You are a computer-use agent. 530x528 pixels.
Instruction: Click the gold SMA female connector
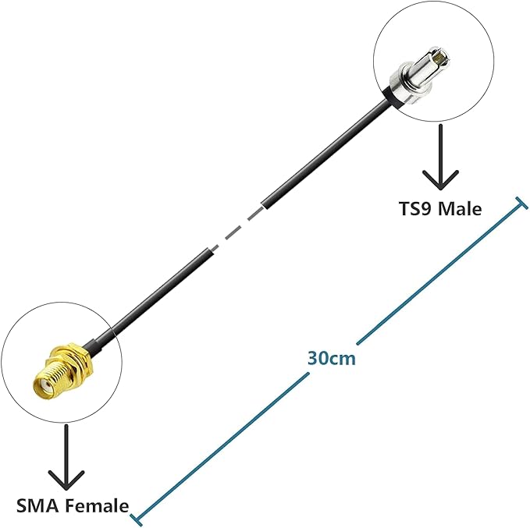tap(55, 370)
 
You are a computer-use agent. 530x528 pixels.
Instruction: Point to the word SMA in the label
tap(35, 505)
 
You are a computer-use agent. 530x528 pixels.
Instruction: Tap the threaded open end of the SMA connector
tap(39, 384)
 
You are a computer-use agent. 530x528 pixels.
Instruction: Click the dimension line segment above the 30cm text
tap(437, 272)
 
